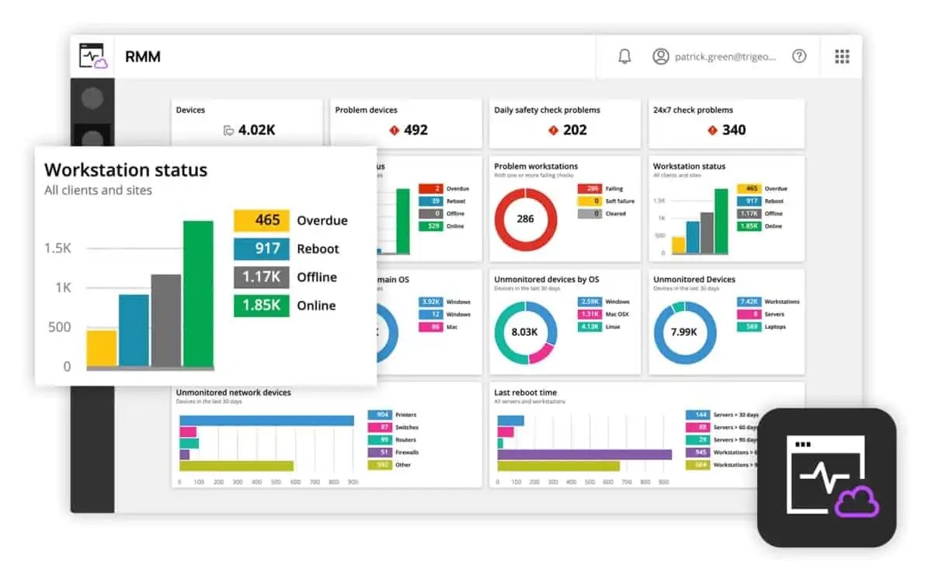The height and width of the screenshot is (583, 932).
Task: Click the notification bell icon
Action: (x=624, y=57)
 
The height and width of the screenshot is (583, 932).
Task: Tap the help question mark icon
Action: (x=799, y=57)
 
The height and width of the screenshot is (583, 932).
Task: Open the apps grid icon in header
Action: (x=842, y=57)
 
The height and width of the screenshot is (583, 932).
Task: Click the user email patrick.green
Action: (x=725, y=57)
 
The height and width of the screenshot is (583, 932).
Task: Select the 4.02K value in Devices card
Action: (x=256, y=130)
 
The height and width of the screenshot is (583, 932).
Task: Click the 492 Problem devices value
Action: (x=416, y=130)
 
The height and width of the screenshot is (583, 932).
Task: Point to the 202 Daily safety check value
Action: (x=575, y=130)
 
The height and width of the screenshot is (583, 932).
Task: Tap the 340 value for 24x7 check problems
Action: (x=734, y=130)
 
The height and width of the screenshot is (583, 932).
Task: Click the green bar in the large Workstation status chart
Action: (x=198, y=294)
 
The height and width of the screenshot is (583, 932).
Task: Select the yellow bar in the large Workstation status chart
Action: (x=102, y=348)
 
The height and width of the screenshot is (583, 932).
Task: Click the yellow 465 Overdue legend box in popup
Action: (x=261, y=221)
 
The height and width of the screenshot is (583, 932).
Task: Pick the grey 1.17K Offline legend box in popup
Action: (x=261, y=278)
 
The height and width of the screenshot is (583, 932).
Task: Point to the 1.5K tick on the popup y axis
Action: (x=58, y=248)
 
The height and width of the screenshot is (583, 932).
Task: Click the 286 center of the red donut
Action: (x=526, y=219)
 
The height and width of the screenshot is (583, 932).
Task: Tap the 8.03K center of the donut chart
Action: (x=526, y=332)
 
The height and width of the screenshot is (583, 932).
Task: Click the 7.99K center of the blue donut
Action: (x=684, y=332)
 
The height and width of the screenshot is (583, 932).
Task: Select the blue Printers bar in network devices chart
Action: (x=266, y=421)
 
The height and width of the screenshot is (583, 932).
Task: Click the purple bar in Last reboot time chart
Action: (x=584, y=454)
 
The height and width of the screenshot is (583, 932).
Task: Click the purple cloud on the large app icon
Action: (x=857, y=504)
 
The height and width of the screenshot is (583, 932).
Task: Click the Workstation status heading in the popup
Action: (x=126, y=170)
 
